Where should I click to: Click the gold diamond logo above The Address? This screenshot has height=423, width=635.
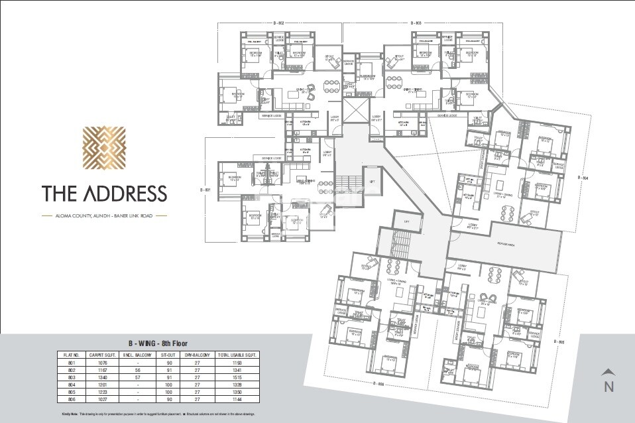coord(104,149)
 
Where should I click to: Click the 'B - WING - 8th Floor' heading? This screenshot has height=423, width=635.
coord(158,343)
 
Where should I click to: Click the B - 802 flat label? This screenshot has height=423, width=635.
coord(282,23)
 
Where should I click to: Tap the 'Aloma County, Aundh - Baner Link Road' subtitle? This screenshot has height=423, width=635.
coord(104,215)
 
